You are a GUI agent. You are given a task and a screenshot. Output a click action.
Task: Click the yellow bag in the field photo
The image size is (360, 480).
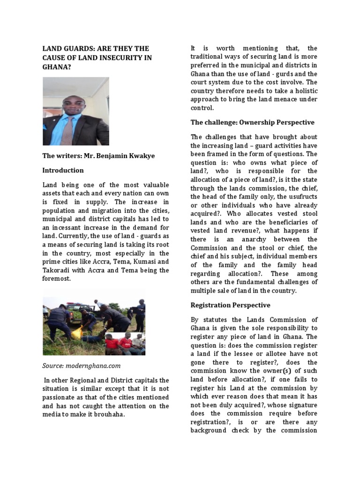click(77, 333)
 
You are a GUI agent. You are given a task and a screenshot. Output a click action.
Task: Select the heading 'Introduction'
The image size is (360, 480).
click(63, 170)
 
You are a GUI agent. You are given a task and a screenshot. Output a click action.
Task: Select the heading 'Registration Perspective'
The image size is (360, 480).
click(230, 305)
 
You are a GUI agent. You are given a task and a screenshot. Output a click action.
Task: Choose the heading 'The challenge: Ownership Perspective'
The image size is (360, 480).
click(252, 122)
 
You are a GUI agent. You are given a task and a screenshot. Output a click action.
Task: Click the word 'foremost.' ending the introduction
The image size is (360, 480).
click(57, 278)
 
